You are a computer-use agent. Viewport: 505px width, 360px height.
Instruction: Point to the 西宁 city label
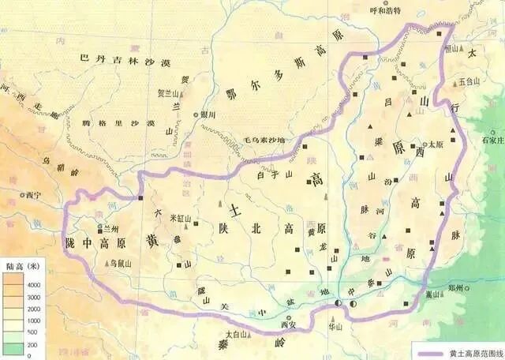pyautogui.click(x=31, y=194)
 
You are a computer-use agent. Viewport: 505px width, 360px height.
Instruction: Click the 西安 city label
pyautogui.click(x=291, y=323)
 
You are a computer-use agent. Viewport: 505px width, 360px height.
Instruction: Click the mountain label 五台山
pyautogui.click(x=469, y=81)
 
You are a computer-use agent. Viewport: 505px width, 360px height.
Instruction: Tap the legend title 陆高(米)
pyautogui.click(x=24, y=265)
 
